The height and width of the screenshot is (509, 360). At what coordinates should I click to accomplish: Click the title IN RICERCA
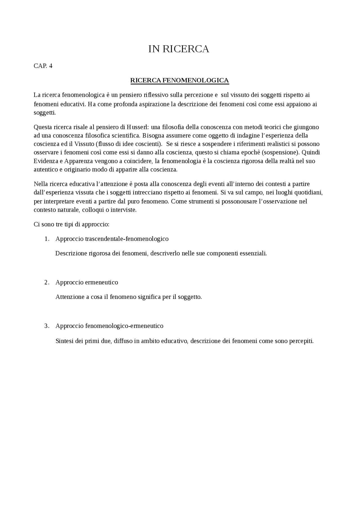(179, 49)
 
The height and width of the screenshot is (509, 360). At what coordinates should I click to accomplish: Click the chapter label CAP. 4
(43, 66)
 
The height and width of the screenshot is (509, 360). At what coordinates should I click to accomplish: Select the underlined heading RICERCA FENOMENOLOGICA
(179, 81)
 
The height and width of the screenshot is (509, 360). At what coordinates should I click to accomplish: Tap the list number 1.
(47, 239)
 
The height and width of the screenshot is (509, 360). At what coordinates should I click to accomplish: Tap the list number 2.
(47, 282)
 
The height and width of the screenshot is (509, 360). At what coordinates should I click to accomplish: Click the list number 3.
(47, 326)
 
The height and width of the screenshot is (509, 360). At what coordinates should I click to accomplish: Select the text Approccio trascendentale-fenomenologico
(112, 239)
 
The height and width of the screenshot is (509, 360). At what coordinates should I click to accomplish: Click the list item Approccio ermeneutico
(87, 282)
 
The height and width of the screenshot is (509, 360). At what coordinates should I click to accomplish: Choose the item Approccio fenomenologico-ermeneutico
(109, 326)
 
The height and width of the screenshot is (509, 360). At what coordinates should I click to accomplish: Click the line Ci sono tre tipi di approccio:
(71, 225)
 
